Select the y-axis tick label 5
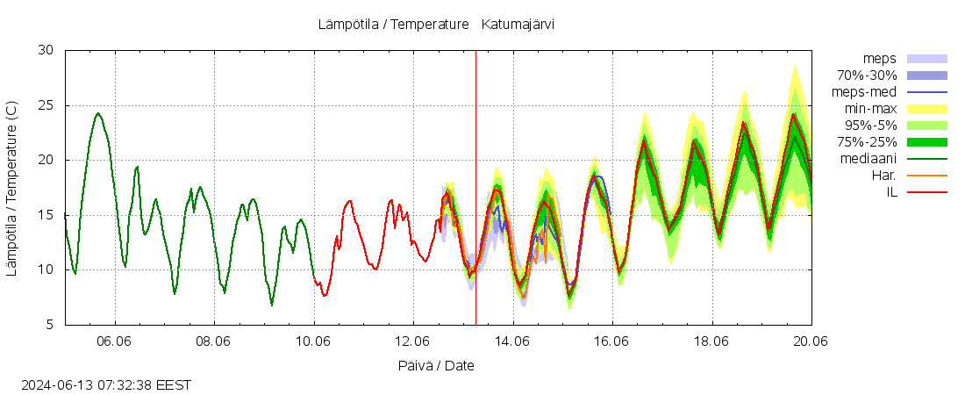52,326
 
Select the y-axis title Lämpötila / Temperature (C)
11,189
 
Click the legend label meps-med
864,91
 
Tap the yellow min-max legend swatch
926,109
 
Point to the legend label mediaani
868,159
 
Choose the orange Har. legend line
926,176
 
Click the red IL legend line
926,191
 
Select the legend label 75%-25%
867,142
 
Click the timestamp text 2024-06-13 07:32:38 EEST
106,384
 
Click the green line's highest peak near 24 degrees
97,113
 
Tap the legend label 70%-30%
867,75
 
